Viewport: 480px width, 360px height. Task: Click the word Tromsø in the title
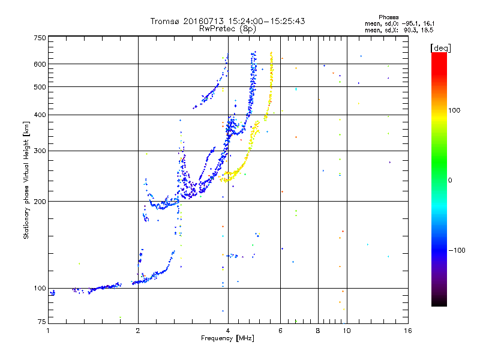point(165,21)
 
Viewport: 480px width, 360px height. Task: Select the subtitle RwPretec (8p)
point(227,29)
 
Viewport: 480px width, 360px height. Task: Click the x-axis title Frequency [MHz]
point(227,338)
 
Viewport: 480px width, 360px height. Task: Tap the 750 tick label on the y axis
point(40,38)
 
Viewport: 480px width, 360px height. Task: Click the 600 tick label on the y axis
point(40,64)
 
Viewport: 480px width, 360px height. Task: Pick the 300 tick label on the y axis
point(40,151)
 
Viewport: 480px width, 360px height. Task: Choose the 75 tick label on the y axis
point(41,322)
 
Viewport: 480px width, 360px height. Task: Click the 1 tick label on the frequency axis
point(48,331)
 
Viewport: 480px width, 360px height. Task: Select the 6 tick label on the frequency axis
point(280,331)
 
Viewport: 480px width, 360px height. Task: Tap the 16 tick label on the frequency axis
point(408,331)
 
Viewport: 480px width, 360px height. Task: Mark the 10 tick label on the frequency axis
point(347,331)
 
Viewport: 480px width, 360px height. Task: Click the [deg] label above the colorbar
point(440,48)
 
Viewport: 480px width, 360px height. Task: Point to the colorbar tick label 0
point(450,180)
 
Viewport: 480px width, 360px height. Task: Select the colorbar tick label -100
point(457,250)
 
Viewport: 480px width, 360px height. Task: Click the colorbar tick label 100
point(454,110)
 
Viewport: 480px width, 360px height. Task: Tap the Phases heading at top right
point(388,17)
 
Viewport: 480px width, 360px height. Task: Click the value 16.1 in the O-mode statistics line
point(428,23)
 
